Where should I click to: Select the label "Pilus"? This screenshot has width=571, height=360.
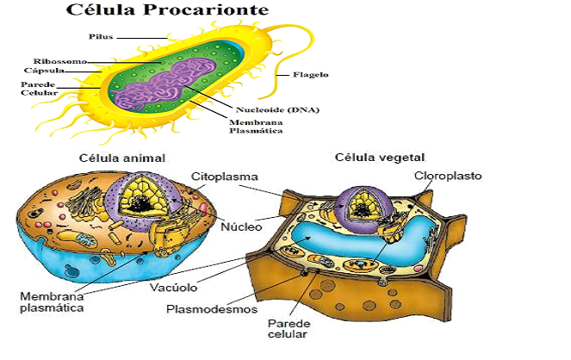click(x=102, y=37)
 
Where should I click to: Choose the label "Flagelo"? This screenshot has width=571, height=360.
click(x=309, y=74)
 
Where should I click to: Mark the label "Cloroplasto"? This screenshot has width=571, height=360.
click(x=448, y=176)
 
